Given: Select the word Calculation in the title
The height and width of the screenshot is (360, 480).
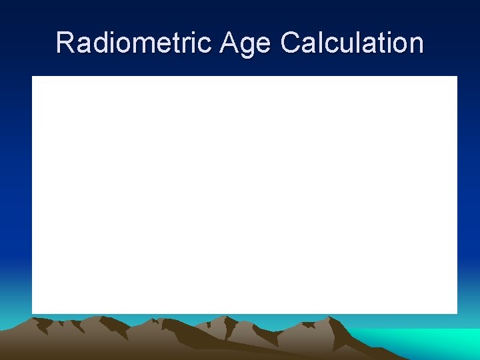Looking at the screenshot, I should click(x=352, y=43).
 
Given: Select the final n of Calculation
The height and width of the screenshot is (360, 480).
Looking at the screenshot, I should click(x=416, y=45).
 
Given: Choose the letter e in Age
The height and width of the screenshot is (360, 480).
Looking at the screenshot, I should click(x=263, y=45).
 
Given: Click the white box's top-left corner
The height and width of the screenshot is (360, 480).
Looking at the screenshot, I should click(x=33, y=77).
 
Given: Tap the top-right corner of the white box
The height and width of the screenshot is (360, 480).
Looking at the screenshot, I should click(x=457, y=77).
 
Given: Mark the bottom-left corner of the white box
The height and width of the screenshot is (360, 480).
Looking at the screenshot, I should click(x=33, y=313).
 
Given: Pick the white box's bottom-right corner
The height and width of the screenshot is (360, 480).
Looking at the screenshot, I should click(x=457, y=313).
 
